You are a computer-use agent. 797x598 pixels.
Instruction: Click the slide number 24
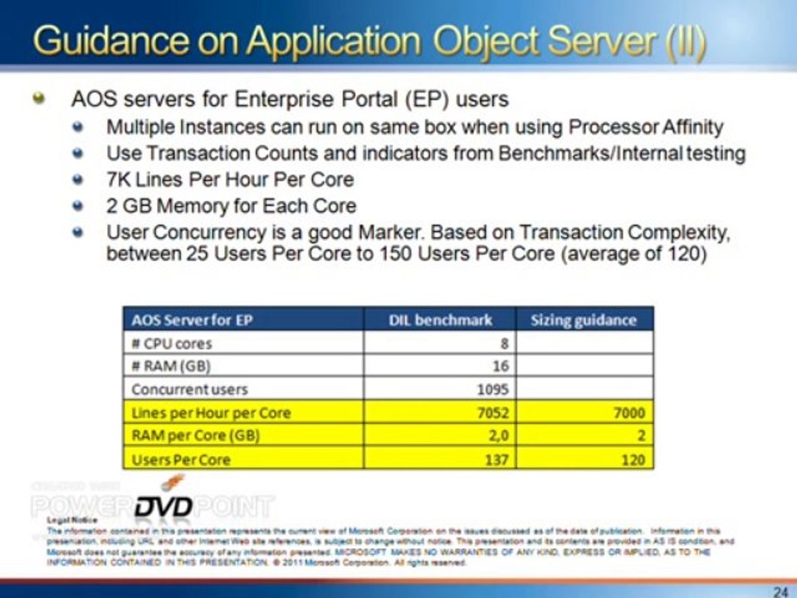tap(780, 591)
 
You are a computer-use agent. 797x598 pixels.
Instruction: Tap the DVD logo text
tap(164, 506)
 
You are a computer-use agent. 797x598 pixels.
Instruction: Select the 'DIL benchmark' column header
tap(440, 320)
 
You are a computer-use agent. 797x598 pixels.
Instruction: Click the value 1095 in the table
tap(491, 389)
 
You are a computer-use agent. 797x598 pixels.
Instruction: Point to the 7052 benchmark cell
tap(491, 412)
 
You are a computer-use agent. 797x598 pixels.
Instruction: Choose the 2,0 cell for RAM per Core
tap(497, 435)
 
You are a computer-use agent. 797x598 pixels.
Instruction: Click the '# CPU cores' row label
tap(172, 342)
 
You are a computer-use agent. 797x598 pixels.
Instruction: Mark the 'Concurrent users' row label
tap(190, 389)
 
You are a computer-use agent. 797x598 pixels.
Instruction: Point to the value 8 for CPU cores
tap(504, 342)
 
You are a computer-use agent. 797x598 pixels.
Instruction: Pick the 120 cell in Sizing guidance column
tap(633, 459)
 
